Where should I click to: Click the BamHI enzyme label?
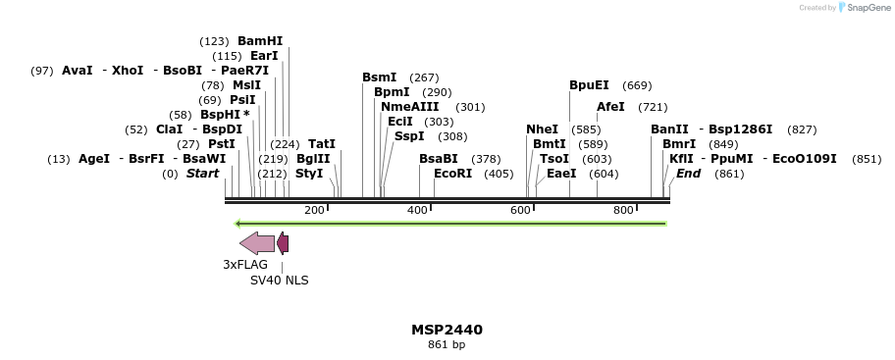tap(259, 41)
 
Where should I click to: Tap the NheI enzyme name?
tap(542, 129)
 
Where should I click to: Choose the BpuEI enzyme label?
tap(589, 85)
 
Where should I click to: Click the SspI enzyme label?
tap(409, 136)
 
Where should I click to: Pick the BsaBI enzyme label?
tap(438, 159)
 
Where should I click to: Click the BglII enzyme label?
tap(313, 159)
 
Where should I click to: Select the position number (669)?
tap(637, 85)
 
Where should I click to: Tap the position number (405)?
tap(499, 174)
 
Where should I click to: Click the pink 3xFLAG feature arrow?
tap(256, 243)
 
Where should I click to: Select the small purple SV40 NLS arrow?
tap(283, 243)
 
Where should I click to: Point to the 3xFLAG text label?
tap(245, 264)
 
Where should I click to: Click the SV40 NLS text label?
tap(279, 280)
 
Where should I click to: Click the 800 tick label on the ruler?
tap(623, 210)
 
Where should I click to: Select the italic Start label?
tap(202, 174)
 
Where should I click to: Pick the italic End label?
tap(688, 174)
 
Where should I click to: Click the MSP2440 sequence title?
tap(447, 330)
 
